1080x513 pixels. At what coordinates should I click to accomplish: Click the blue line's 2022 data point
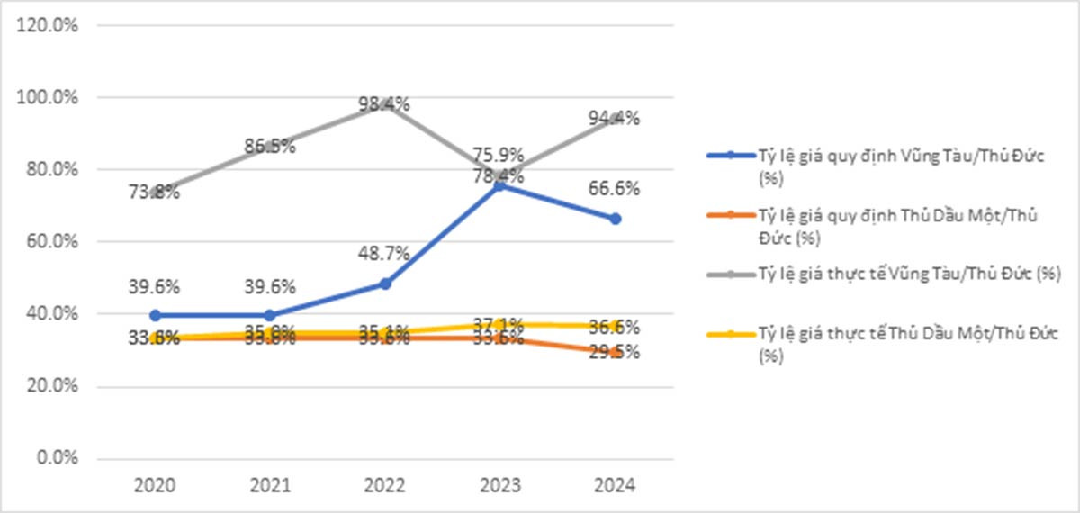coord(385,283)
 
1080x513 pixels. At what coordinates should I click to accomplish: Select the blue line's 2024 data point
coord(616,219)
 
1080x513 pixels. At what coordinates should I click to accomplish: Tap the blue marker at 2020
coord(156,315)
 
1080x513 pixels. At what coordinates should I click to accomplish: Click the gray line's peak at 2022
coord(385,102)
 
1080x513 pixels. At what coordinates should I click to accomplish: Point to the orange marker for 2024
coord(616,352)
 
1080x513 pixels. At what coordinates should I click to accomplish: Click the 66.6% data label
coord(615,189)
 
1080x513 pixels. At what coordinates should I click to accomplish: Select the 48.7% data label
coord(384,254)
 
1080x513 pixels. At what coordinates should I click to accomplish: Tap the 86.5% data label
coord(270,146)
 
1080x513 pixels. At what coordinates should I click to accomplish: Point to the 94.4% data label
coord(615,118)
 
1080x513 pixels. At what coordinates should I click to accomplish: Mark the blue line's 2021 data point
coord(270,315)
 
